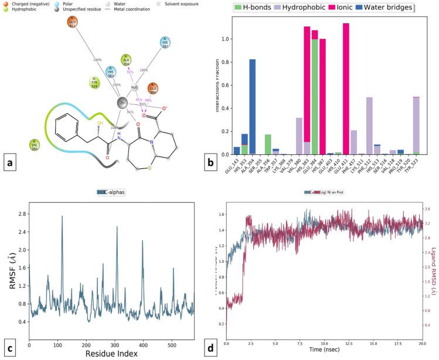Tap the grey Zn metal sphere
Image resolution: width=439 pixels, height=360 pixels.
pos(122,103)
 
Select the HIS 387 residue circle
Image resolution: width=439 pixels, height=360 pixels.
pos(166,43)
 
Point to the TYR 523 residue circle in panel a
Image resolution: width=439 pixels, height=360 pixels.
pos(94,81)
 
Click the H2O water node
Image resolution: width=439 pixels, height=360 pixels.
pos(135,88)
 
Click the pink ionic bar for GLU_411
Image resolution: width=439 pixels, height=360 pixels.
pos(346,88)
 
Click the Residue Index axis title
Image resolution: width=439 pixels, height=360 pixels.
pos(111,354)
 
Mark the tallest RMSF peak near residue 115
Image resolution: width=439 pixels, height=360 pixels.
pos(62,216)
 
